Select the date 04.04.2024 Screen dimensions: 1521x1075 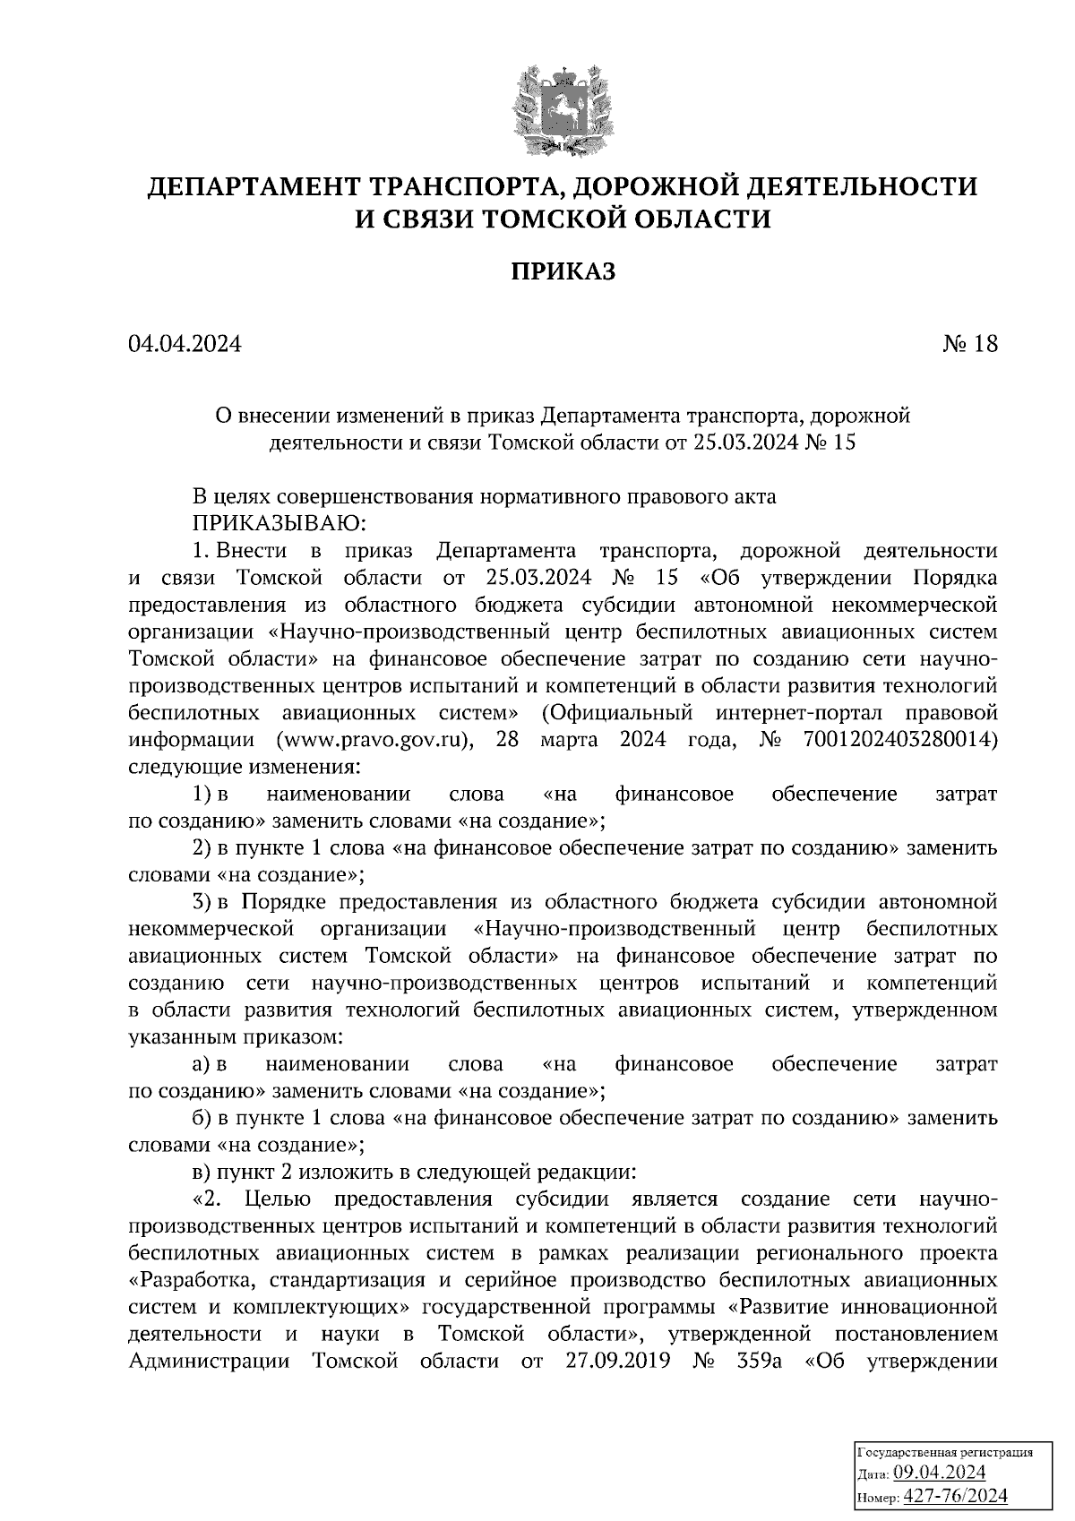[185, 344]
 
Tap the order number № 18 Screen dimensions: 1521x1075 [969, 344]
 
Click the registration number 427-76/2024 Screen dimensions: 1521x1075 [955, 1495]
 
